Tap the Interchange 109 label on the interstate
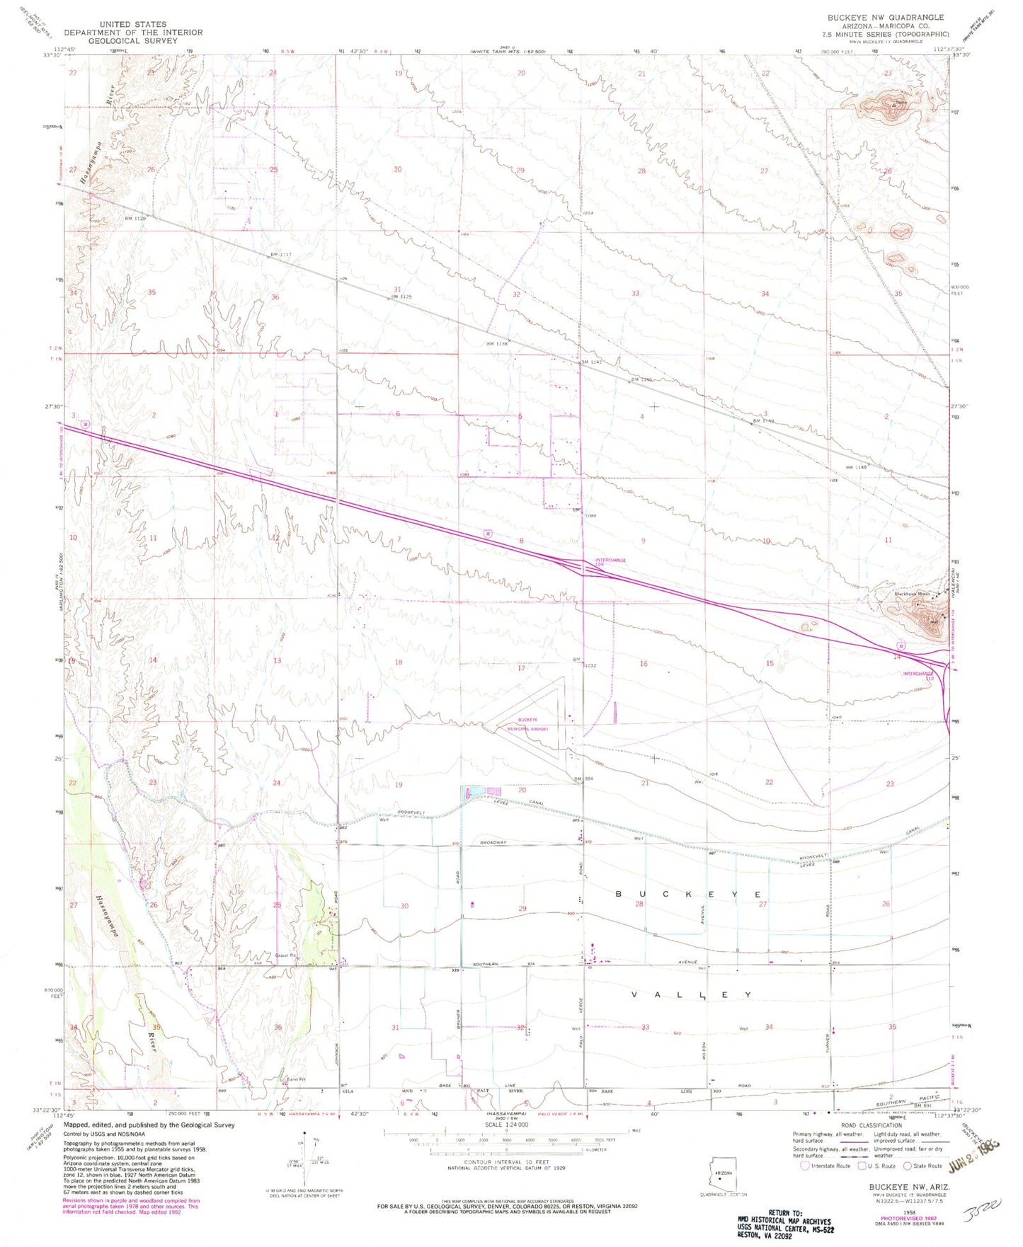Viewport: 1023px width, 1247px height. pyautogui.click(x=610, y=563)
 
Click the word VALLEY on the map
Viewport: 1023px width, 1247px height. pyautogui.click(x=690, y=994)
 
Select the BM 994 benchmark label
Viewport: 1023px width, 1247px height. pyautogui.click(x=582, y=778)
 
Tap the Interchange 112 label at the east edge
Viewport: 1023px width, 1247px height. pyautogui.click(x=918, y=675)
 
